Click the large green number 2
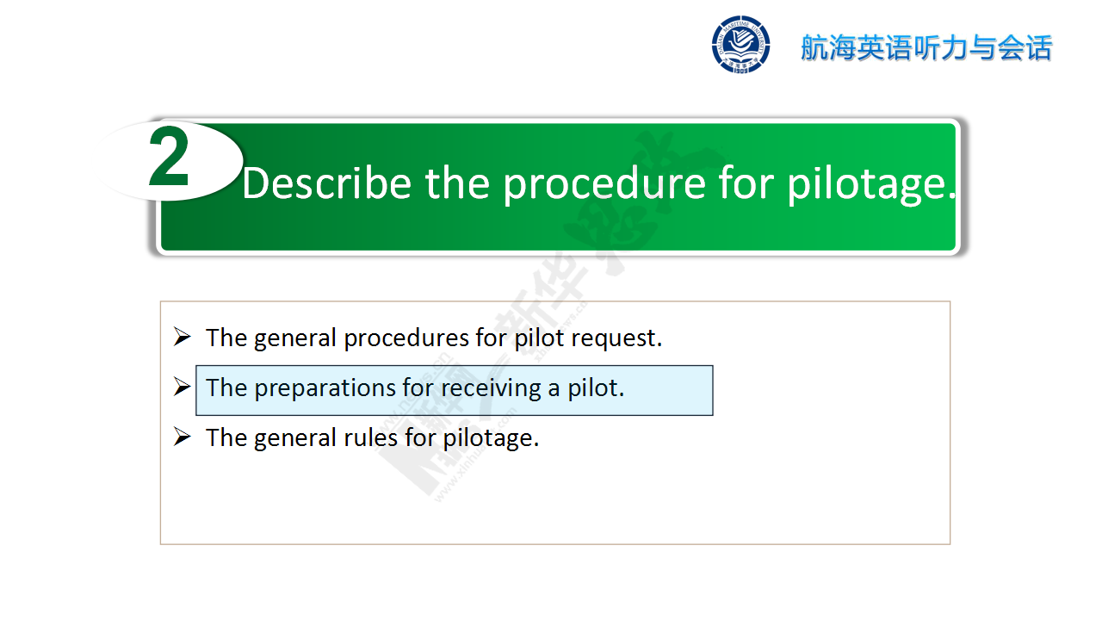point(168,157)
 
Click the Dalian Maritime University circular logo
point(740,45)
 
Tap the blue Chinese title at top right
point(926,47)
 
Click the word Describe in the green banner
point(326,183)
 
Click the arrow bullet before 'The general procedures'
point(182,337)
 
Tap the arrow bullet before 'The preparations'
point(182,387)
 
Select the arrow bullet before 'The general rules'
point(182,437)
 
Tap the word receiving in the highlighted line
point(491,388)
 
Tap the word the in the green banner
point(457,183)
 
